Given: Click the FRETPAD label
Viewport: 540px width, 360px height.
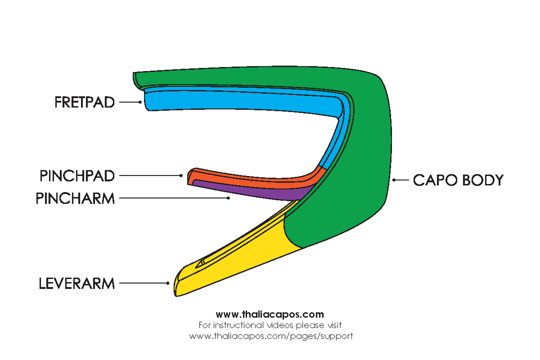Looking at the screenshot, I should coord(84,102).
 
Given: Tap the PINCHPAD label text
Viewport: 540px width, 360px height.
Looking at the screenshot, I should coord(77,176).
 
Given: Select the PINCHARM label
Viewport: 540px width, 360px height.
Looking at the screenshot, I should coord(75,198).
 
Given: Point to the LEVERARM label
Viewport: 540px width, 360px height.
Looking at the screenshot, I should coord(77,284).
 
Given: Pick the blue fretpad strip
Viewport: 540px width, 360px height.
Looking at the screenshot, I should coord(240,103).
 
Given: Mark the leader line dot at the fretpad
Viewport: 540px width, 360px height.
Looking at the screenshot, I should coord(140,102).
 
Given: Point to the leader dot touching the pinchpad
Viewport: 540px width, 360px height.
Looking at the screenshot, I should coord(181,175).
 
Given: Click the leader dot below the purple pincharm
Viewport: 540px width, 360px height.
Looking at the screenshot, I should coord(228,198).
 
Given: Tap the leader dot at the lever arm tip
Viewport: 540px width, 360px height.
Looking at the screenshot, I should coord(168,283).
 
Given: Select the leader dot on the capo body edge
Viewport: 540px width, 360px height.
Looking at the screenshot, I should coord(394,180).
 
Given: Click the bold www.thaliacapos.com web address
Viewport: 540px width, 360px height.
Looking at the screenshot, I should coord(270,314).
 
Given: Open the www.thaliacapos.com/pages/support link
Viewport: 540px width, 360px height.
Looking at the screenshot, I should coord(270,336).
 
